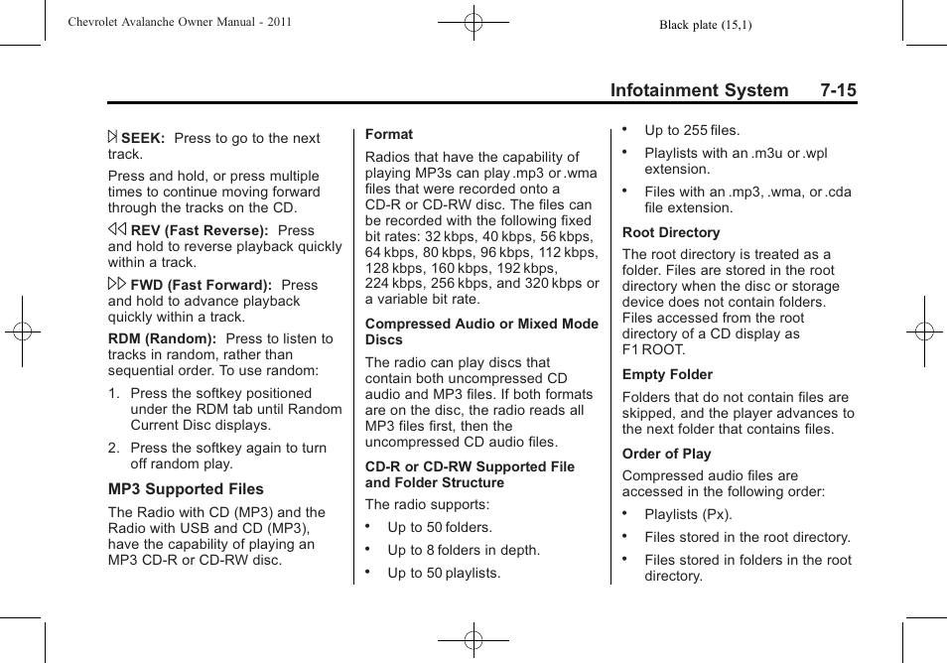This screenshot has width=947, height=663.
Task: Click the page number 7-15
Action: (838, 90)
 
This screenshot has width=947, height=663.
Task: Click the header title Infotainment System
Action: (699, 90)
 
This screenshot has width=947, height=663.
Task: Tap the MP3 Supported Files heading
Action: (186, 489)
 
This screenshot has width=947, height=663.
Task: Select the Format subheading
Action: (389, 134)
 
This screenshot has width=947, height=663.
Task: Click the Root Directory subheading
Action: (670, 232)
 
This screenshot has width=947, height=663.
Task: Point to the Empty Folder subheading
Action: (667, 374)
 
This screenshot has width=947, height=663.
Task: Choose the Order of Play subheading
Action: (666, 454)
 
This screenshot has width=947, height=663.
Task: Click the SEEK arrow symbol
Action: (113, 138)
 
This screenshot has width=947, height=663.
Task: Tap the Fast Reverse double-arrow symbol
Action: (117, 229)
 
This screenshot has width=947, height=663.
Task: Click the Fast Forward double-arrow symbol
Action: (117, 285)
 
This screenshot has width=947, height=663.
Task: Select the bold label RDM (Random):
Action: (162, 338)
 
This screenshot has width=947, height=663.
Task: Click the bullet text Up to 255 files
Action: (692, 130)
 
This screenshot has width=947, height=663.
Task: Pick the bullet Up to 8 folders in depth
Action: (464, 550)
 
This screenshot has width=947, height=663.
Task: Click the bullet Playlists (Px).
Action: (688, 514)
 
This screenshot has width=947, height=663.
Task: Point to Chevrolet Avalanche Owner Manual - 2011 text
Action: (179, 22)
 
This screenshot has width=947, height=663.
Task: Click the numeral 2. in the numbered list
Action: (114, 448)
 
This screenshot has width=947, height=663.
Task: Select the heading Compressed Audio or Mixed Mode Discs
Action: (481, 331)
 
